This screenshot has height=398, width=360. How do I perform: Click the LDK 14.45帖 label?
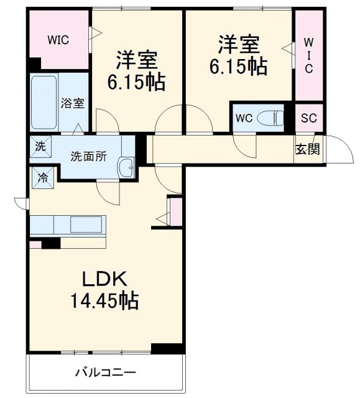coord(103,291)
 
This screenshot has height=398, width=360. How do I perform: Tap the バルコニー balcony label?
coord(106,373)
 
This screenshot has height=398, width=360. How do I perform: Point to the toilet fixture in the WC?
coord(271,118)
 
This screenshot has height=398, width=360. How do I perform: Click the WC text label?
coord(243,118)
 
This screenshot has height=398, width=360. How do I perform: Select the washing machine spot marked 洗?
coord(40,147)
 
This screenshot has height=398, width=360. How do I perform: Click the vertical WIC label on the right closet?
coord(309,55)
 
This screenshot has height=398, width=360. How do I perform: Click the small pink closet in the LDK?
coord(175,211)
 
